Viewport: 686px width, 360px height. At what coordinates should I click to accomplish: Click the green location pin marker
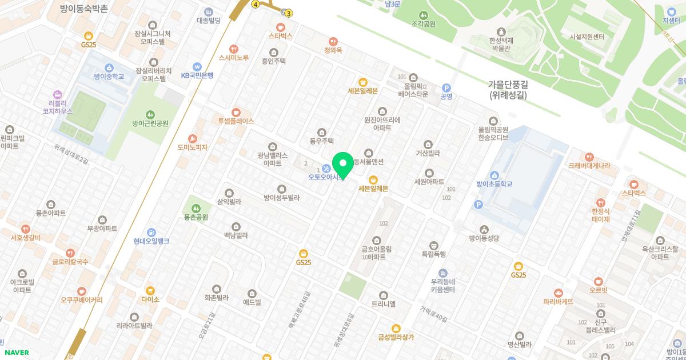click(x=343, y=165)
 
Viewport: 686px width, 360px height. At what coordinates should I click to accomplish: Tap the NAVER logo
click(x=16, y=353)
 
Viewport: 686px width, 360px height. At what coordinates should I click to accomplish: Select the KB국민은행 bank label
click(x=197, y=75)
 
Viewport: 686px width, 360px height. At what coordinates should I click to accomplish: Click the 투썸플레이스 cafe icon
click(x=236, y=112)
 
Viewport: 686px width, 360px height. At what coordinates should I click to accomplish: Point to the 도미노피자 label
click(x=193, y=147)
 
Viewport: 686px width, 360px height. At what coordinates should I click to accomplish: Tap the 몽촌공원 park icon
click(x=196, y=208)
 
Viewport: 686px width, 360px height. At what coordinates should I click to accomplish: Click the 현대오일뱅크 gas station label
click(x=151, y=241)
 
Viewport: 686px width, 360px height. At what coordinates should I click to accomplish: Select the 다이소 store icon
click(x=150, y=290)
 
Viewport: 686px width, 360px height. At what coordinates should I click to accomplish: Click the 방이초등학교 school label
click(x=494, y=184)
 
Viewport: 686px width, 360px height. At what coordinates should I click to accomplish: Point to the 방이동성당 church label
click(x=484, y=238)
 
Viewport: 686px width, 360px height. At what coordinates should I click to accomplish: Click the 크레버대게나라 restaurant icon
click(x=589, y=157)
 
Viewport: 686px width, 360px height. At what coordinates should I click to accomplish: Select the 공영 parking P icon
click(x=446, y=87)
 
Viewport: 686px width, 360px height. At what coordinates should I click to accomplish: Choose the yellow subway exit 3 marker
click(x=289, y=13)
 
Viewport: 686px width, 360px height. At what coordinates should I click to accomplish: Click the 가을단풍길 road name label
click(x=508, y=84)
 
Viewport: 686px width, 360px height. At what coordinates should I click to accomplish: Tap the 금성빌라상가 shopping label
click(x=396, y=337)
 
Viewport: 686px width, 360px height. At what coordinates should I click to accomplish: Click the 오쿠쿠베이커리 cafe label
click(x=82, y=299)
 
